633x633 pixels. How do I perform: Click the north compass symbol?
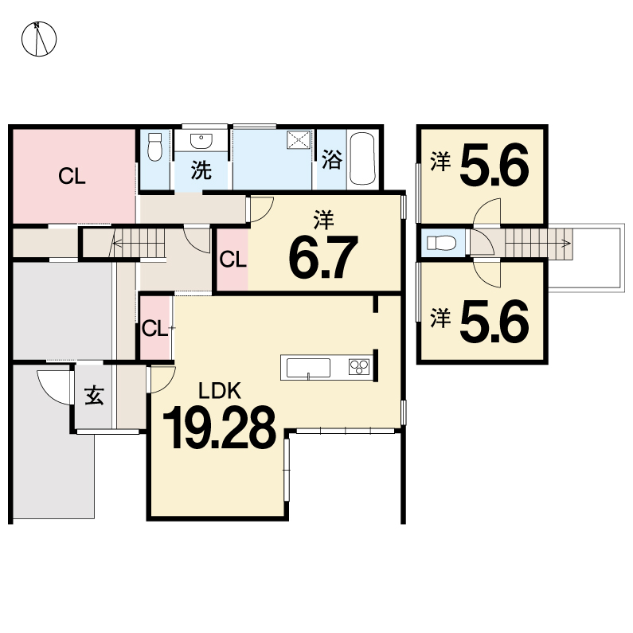(39, 39)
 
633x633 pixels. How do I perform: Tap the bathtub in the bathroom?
(362, 158)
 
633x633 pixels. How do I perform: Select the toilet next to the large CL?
(154, 147)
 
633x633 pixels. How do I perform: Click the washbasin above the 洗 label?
(201, 141)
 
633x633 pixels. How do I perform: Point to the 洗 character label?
(201, 170)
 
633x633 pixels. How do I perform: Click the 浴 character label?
(332, 159)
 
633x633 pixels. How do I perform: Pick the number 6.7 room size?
(323, 257)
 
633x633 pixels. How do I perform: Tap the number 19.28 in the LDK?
(219, 428)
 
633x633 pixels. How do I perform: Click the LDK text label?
(220, 391)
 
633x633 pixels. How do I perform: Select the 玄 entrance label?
(94, 395)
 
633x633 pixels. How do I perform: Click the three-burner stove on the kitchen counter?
(359, 367)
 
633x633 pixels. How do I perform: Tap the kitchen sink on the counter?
(308, 368)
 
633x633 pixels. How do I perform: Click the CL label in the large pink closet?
(72, 177)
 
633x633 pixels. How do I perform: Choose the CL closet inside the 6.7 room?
(233, 260)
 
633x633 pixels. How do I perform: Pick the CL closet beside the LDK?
(155, 328)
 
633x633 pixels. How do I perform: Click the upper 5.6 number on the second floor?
(494, 165)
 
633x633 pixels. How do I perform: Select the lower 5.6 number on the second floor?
(494, 321)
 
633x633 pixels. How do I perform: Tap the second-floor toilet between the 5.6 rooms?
(442, 243)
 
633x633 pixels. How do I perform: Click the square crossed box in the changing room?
(299, 140)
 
